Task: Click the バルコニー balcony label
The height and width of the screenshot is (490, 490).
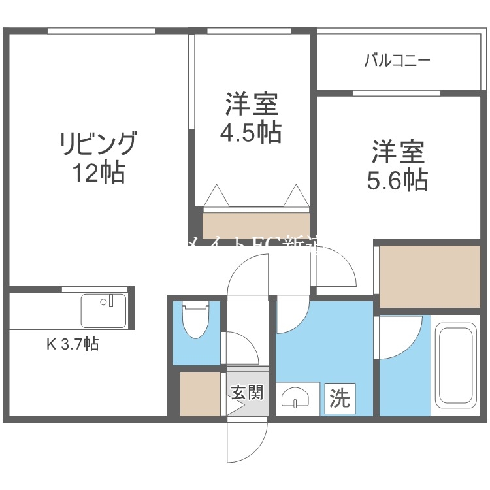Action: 397,61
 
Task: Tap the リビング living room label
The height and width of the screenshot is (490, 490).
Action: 99,143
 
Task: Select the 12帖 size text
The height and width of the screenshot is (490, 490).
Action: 99,173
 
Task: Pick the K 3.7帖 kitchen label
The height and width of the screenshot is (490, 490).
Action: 72,344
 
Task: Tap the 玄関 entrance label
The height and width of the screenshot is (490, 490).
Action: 247,393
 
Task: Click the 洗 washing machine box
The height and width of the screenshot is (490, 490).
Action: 340,397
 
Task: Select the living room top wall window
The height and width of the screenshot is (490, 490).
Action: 101,31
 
